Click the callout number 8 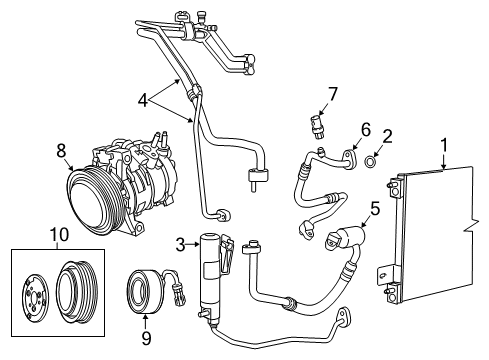[x=62, y=150]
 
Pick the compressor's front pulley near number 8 [x=87, y=194]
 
